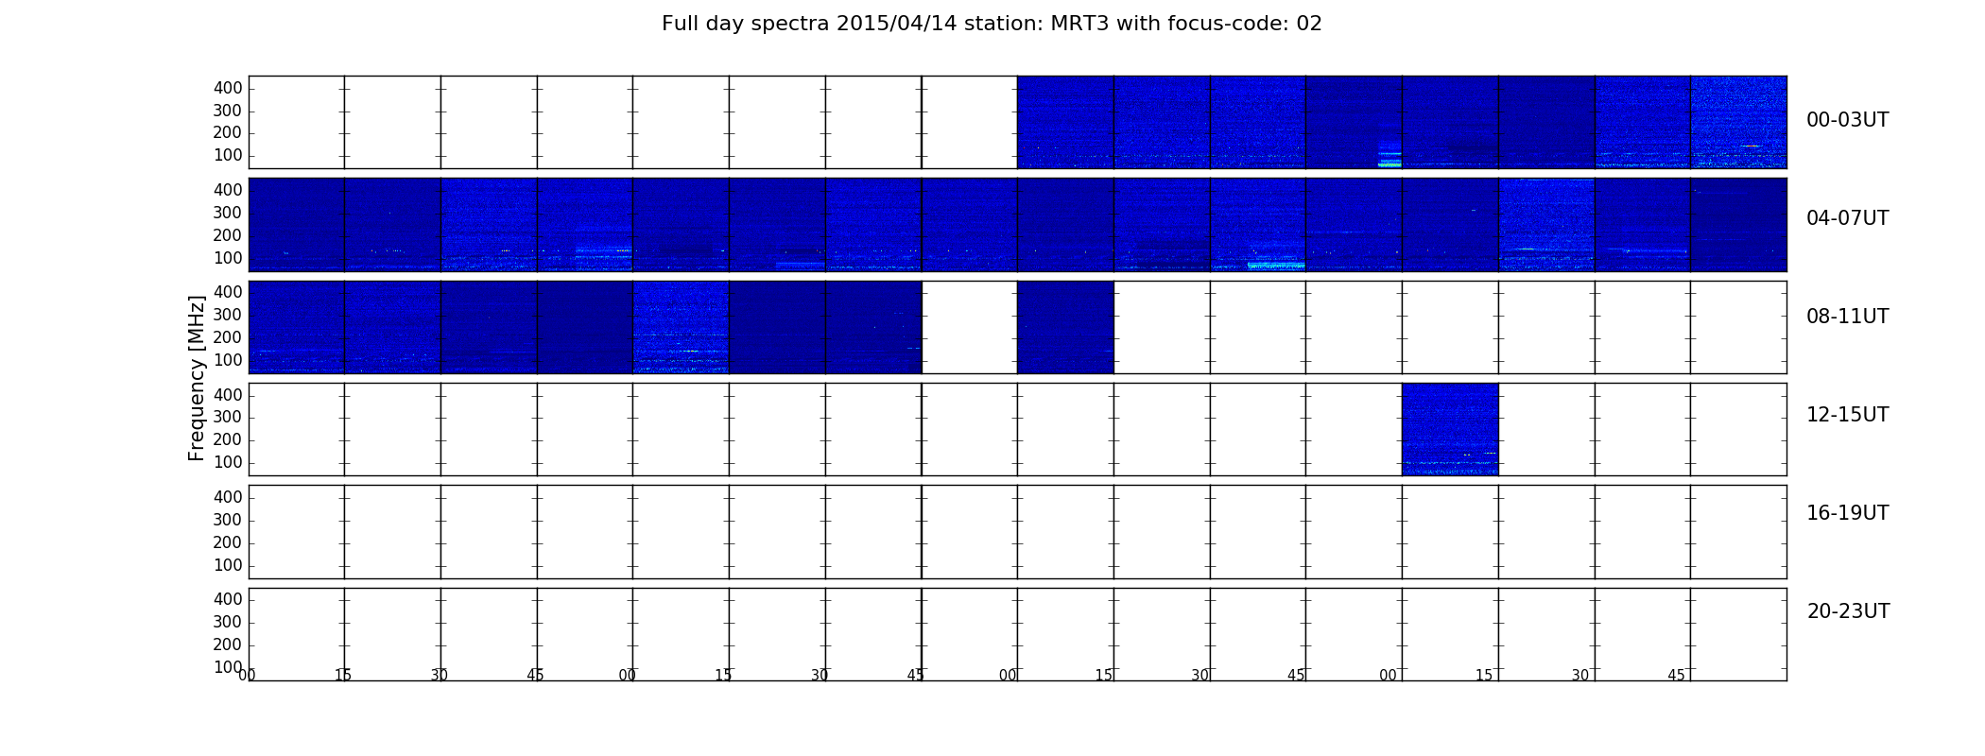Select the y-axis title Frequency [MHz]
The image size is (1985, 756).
(197, 378)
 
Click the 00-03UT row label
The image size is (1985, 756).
(1847, 120)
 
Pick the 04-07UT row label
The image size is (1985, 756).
(1847, 218)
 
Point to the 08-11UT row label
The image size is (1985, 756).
(1847, 317)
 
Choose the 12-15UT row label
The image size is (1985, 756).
(1847, 415)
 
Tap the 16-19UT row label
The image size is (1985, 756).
(1847, 513)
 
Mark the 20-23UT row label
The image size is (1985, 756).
(1848, 611)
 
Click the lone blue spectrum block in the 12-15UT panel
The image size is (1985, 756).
(1450, 429)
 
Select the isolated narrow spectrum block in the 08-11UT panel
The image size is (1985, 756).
(1065, 327)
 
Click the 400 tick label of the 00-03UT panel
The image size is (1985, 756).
(228, 88)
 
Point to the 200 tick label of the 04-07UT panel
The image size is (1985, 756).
(228, 235)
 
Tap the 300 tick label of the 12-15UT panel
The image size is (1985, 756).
(228, 417)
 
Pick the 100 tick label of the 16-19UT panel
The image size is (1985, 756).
(228, 565)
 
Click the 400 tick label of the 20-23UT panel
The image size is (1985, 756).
(228, 599)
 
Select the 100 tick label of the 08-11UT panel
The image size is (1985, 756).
(228, 360)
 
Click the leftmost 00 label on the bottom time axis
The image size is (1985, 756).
(247, 675)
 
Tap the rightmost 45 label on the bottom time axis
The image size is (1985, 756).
(1676, 675)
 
